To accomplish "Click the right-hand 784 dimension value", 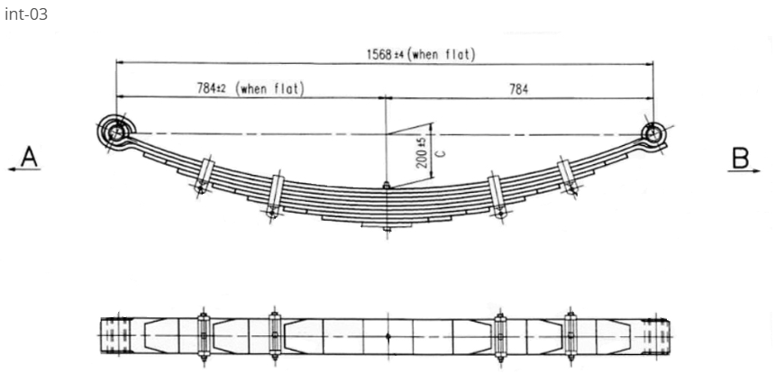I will point(519,88).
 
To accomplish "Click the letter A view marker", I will point(30,159).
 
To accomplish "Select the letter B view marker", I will point(741,159).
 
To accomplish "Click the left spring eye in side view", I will point(115,132).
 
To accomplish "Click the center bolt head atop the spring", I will point(386,187).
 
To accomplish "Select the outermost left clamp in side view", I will point(204,175).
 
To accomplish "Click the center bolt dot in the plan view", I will point(386,337).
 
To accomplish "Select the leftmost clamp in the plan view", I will point(203,337).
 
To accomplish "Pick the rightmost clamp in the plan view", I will point(570,337).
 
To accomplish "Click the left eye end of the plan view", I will point(112,337).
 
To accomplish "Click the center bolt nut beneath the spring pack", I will point(386,226).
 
